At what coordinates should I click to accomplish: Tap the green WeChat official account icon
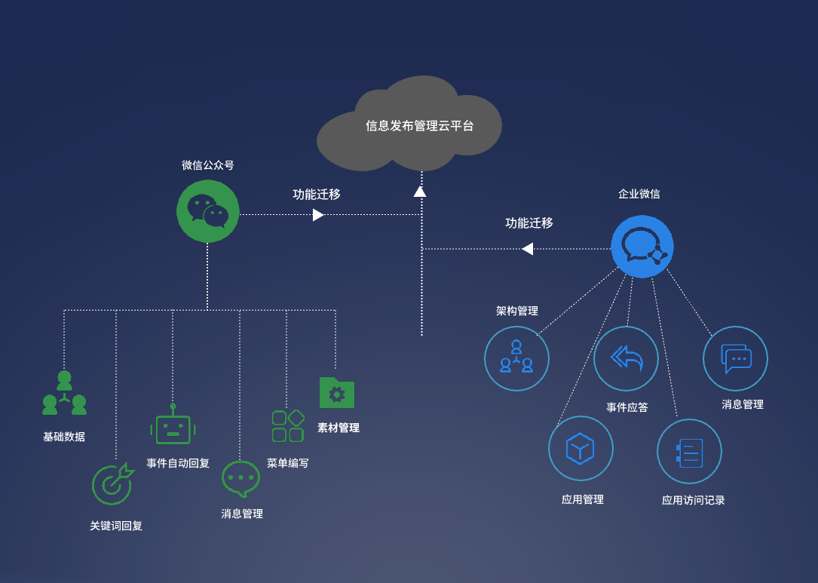pyautogui.click(x=208, y=211)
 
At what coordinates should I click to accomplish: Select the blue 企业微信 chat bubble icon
pyautogui.click(x=642, y=247)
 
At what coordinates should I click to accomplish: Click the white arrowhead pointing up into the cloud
pyautogui.click(x=420, y=191)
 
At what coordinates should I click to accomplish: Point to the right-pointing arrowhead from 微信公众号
pyautogui.click(x=318, y=215)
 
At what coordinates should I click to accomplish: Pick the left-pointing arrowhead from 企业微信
pyautogui.click(x=528, y=249)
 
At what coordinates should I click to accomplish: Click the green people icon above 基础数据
pyautogui.click(x=64, y=393)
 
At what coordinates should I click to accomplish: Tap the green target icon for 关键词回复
pyautogui.click(x=112, y=483)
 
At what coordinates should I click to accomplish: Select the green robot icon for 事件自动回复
pyautogui.click(x=173, y=427)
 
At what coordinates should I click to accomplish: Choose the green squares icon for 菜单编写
pyautogui.click(x=288, y=426)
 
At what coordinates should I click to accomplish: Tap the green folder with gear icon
pyautogui.click(x=336, y=392)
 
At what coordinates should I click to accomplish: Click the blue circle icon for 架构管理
pyautogui.click(x=516, y=358)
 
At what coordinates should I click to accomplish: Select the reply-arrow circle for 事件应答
pyautogui.click(x=626, y=358)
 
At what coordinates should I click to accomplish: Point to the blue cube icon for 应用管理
pyautogui.click(x=581, y=448)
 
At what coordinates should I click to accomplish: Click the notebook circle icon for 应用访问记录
pyautogui.click(x=689, y=452)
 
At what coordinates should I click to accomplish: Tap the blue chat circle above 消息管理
pyautogui.click(x=735, y=358)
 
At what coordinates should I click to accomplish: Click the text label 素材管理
pyautogui.click(x=338, y=428)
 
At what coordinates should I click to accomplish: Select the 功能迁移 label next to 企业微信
pyautogui.click(x=528, y=223)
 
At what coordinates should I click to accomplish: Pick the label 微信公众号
pyautogui.click(x=207, y=165)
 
